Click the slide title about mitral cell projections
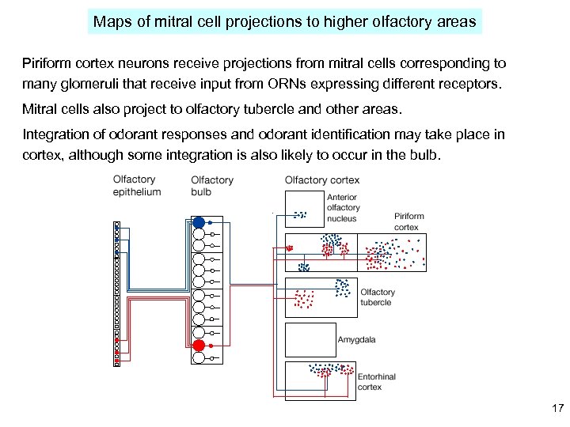pos(284,21)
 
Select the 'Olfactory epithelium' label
pos(137,185)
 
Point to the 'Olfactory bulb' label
pos(212,186)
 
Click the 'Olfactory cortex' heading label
pos(321,180)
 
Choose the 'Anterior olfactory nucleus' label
pos(342,207)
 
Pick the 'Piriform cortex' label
pos(408,221)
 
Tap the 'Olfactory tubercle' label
pos(378,297)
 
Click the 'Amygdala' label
pos(356,340)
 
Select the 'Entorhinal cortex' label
pos(375,382)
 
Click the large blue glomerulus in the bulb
pos(199,222)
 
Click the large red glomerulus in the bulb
pos(199,345)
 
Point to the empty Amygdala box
pos(310,339)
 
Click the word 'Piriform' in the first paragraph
pos(46,62)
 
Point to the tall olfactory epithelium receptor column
pos(116,293)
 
